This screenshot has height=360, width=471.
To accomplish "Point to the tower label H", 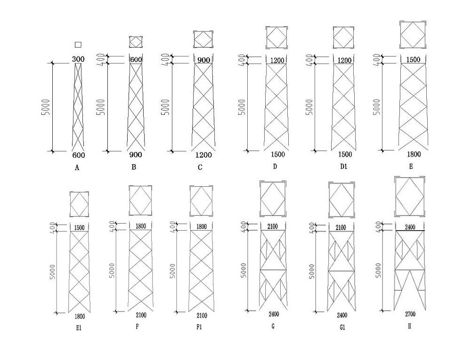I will point(410,325).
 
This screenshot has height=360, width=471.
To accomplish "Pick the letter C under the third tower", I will point(200,167).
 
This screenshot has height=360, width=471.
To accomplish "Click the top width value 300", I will point(78,59).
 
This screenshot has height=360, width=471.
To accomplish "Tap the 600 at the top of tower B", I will point(136,59).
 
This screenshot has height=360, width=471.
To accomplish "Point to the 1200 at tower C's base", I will point(203,155).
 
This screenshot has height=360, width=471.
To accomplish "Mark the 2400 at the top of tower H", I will point(410,226).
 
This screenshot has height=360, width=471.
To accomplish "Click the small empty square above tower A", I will point(78,44).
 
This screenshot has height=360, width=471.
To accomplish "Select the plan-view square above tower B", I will point(136,41).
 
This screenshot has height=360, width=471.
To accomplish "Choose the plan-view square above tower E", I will point(413,34).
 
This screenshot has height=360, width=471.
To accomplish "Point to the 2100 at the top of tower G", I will point(272,227).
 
